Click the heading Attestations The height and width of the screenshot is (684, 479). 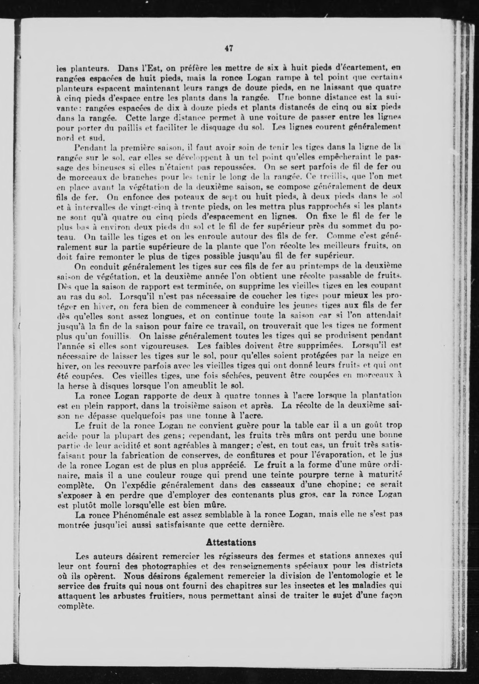tap(231, 543)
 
